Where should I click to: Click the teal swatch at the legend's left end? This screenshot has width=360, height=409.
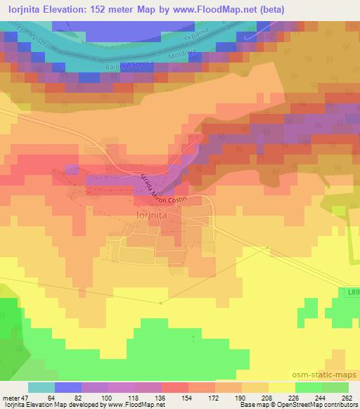click(41, 387)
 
